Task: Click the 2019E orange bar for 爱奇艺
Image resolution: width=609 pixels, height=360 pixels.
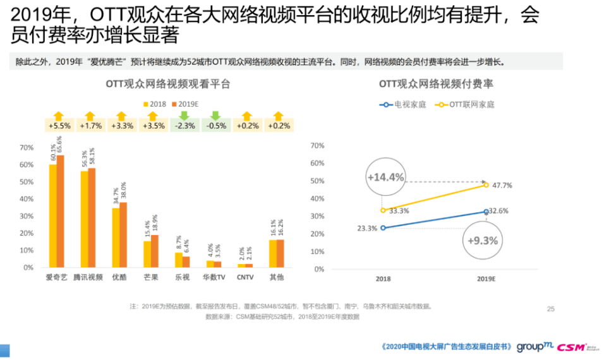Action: tap(61, 211)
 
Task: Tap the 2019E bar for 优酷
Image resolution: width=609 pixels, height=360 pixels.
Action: tap(123, 234)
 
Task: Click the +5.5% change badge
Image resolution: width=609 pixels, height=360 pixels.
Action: tap(59, 126)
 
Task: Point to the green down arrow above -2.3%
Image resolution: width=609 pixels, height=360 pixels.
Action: tap(184, 115)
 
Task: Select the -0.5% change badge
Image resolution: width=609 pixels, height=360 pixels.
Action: tap(215, 126)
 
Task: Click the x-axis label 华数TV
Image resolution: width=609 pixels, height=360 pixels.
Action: tap(214, 277)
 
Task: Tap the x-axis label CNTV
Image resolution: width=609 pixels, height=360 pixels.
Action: tap(246, 277)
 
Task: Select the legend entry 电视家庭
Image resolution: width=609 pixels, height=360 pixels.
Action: tap(404, 104)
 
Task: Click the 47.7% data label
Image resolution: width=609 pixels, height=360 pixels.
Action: tap(502, 186)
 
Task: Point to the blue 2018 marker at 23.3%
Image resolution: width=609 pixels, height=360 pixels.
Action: tap(383, 227)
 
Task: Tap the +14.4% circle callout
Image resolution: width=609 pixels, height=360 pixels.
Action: tap(386, 177)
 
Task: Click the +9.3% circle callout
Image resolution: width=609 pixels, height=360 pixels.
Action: tap(483, 241)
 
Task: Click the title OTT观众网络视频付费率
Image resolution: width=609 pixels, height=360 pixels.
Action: tap(436, 83)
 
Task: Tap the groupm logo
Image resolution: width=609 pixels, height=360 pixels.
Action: tap(534, 346)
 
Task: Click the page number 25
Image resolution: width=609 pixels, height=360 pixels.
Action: tap(550, 309)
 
